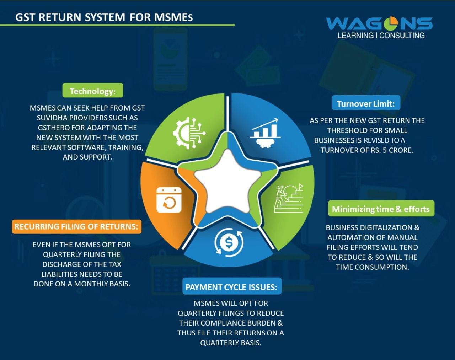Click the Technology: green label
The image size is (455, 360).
(x=92, y=91)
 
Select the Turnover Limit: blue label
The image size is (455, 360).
(x=365, y=103)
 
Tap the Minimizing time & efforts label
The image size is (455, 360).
(x=381, y=209)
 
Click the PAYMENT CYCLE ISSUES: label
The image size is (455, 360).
(x=231, y=287)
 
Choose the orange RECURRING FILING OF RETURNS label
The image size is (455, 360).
(x=76, y=226)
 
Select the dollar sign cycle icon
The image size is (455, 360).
(x=229, y=243)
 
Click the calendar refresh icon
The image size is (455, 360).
(x=169, y=200)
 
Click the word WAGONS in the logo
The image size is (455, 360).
(x=379, y=24)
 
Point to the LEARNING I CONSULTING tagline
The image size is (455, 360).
(x=381, y=36)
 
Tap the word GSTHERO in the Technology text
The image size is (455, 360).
(x=53, y=128)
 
